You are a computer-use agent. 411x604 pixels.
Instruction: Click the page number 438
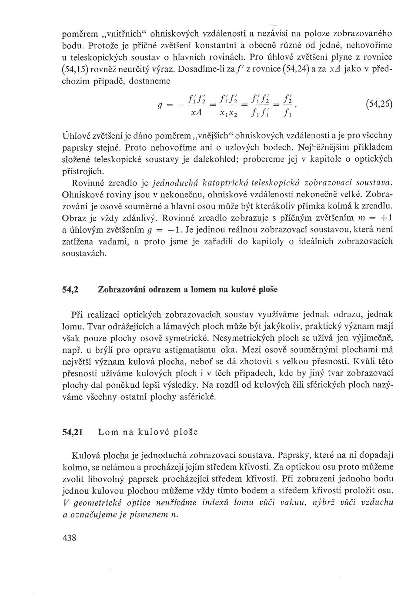click(x=70, y=538)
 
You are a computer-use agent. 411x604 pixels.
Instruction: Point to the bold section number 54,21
click(x=73, y=432)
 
